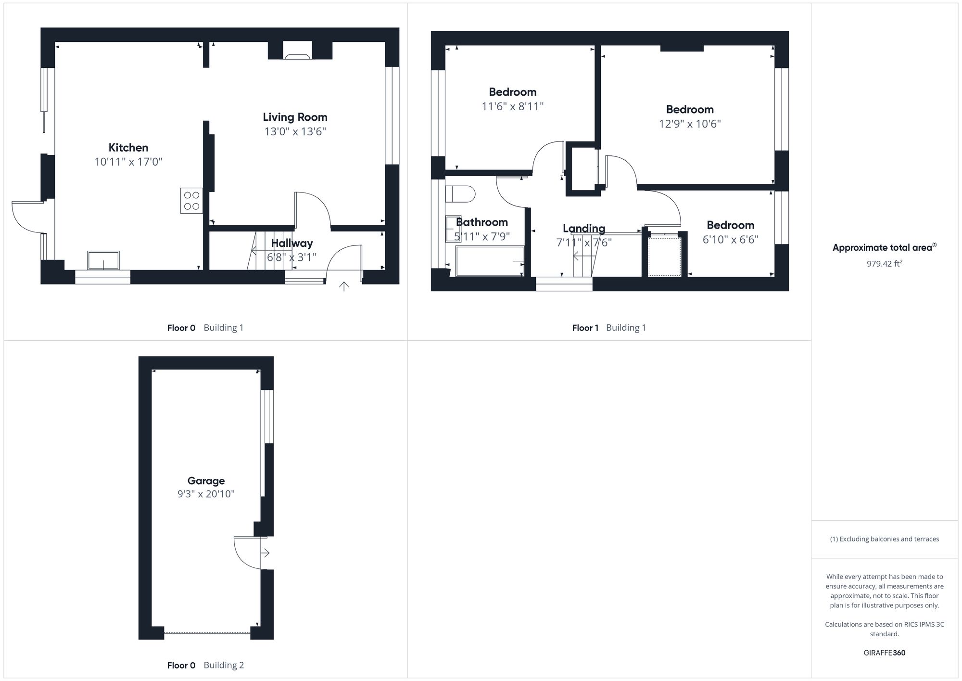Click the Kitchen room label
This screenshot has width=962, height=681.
click(128, 148)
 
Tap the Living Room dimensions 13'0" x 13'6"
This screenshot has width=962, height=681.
click(295, 131)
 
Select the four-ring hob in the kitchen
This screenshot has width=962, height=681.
click(191, 201)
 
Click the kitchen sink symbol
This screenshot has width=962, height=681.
click(103, 260)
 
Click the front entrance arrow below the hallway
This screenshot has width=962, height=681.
click(344, 287)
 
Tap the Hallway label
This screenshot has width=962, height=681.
click(291, 243)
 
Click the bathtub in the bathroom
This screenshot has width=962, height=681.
click(489, 261)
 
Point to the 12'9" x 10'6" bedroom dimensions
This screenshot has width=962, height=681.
click(689, 124)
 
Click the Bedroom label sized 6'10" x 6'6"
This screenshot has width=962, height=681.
click(730, 225)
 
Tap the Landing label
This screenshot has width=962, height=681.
click(583, 229)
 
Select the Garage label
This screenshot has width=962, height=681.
click(206, 480)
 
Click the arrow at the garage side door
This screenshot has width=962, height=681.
click(265, 553)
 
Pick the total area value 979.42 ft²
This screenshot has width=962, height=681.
click(884, 264)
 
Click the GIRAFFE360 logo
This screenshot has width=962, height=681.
click(884, 653)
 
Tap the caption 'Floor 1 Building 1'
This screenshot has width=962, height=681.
click(608, 328)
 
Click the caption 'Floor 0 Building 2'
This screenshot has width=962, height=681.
click(205, 665)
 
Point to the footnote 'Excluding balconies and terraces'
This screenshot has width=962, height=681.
click(884, 539)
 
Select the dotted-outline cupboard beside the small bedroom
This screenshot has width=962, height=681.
click(664, 257)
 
